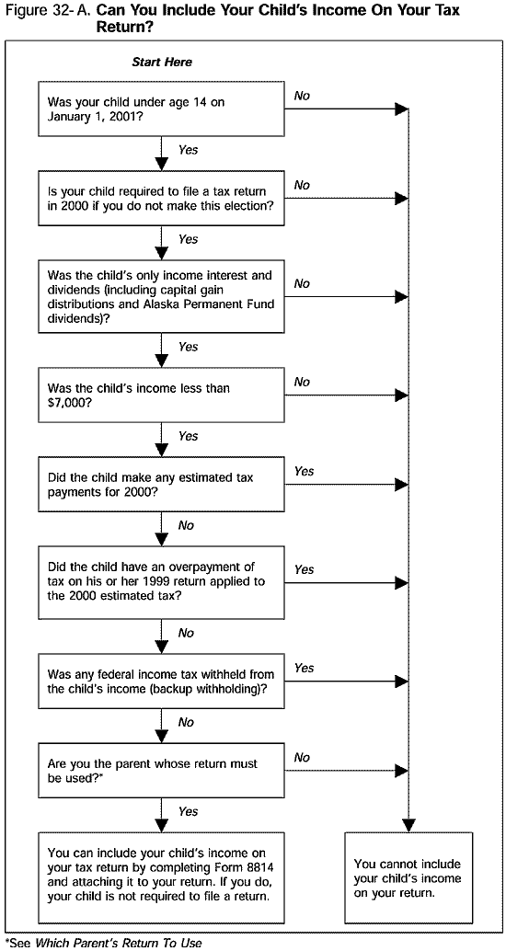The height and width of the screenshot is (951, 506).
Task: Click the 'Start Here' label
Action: pyautogui.click(x=162, y=63)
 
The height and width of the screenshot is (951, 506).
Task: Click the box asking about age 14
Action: pyautogui.click(x=162, y=109)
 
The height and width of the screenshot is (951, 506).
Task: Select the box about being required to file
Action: pyautogui.click(x=162, y=199)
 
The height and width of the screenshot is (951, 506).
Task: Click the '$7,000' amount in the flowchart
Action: pyautogui.click(x=67, y=403)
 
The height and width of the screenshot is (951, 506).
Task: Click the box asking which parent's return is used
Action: pyautogui.click(x=162, y=771)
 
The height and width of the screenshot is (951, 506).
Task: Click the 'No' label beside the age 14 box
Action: pyautogui.click(x=302, y=96)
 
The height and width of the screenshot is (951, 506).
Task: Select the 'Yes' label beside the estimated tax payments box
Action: pyautogui.click(x=304, y=471)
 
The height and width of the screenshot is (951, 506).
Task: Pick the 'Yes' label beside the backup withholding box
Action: pyautogui.click(x=304, y=668)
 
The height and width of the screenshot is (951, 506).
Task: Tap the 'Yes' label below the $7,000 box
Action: pyautogui.click(x=188, y=436)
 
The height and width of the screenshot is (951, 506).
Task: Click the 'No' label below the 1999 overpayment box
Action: pyautogui.click(x=186, y=633)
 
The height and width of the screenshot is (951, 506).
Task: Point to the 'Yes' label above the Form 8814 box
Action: pyautogui.click(x=188, y=811)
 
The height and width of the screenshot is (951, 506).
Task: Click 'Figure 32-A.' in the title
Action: pyautogui.click(x=47, y=12)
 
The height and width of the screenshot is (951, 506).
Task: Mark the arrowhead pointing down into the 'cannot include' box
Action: pyautogui.click(x=407, y=823)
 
